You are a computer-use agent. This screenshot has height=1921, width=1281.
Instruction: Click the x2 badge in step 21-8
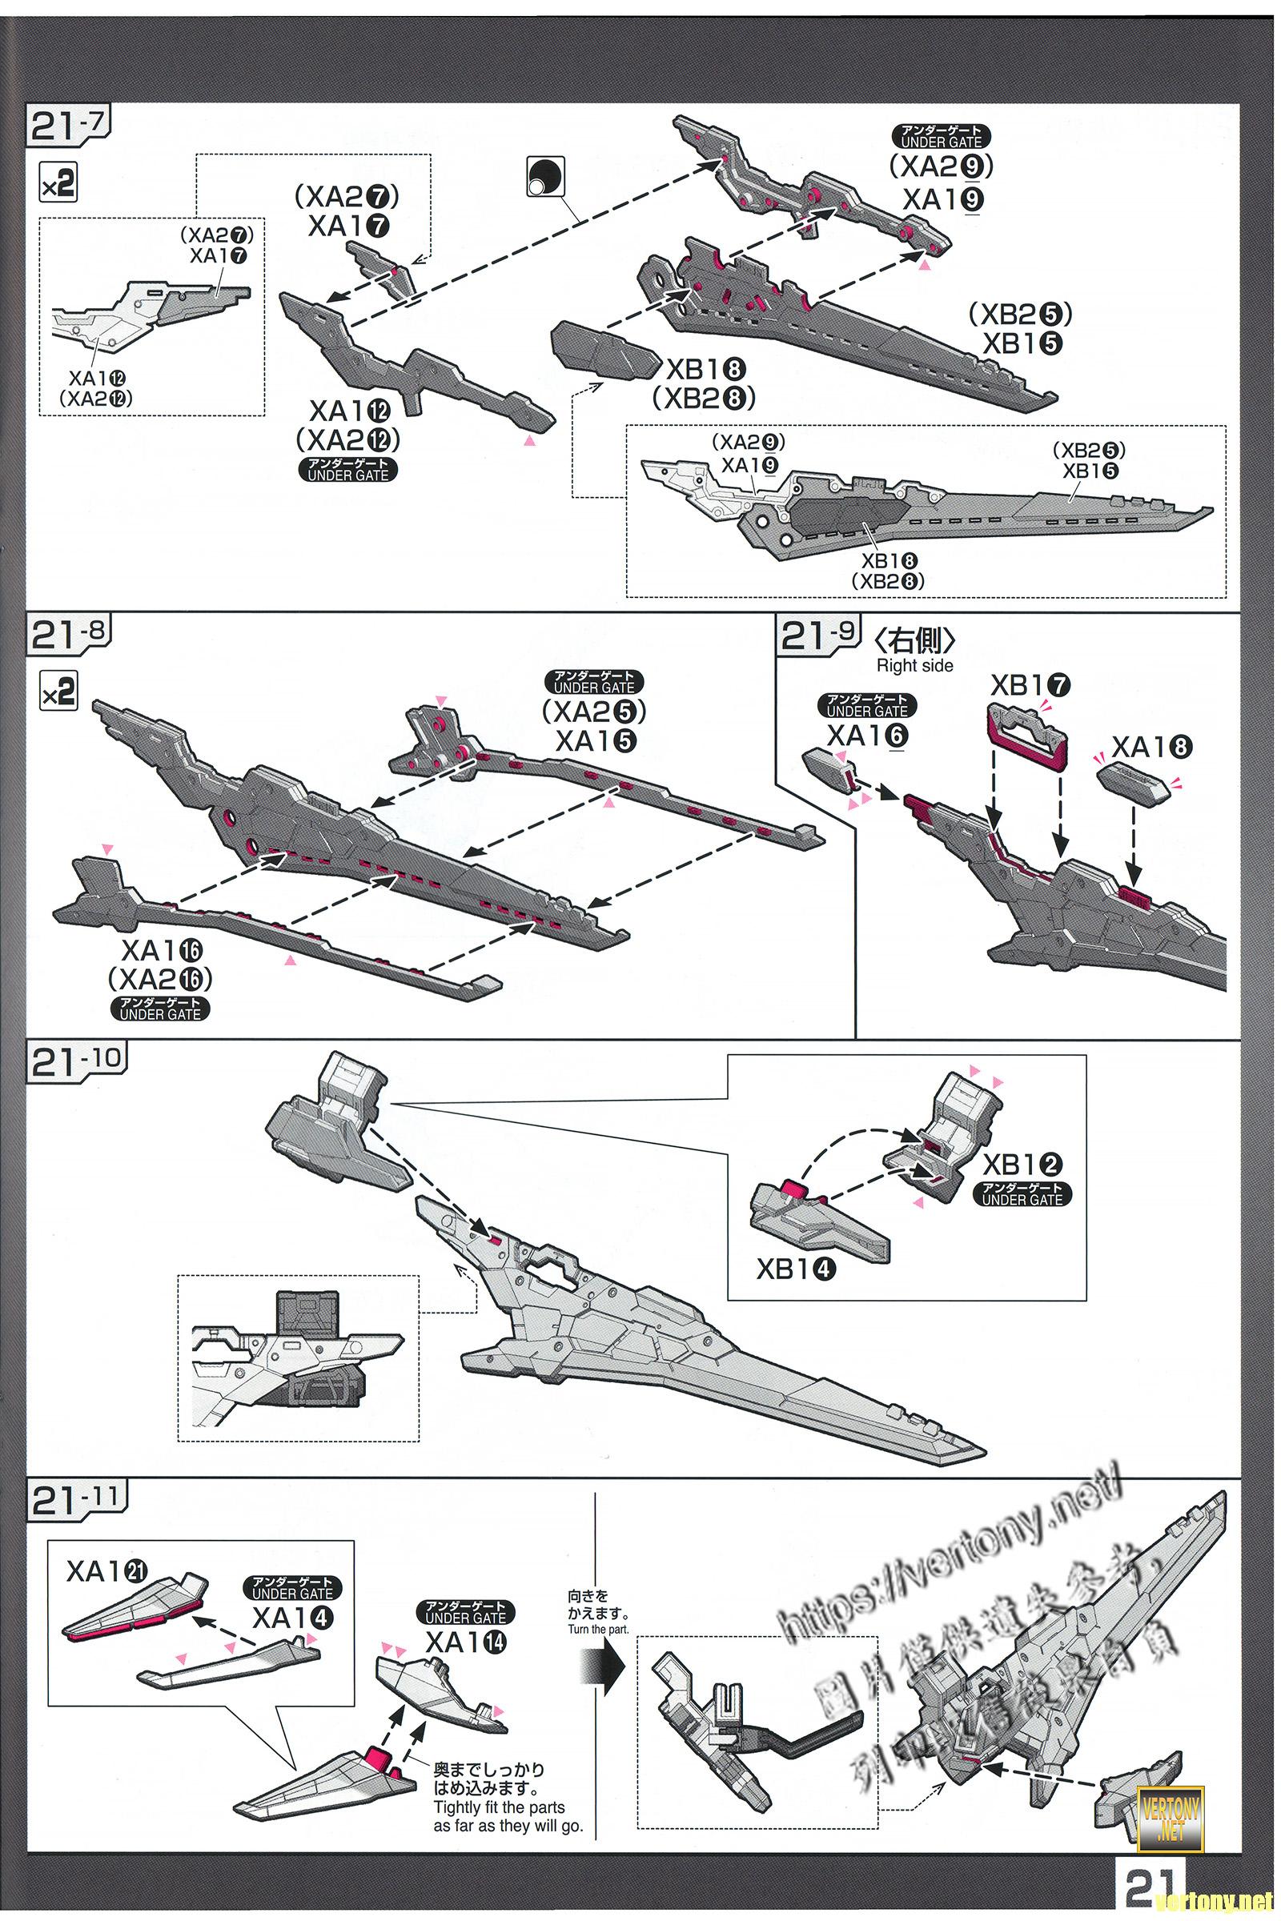click(58, 693)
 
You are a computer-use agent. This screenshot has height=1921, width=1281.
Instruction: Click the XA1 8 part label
click(1152, 747)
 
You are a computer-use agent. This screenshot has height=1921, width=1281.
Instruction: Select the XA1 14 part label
click(466, 1642)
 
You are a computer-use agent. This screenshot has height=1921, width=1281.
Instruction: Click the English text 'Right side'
click(915, 666)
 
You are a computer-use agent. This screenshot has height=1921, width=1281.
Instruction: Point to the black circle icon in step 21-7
click(545, 175)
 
